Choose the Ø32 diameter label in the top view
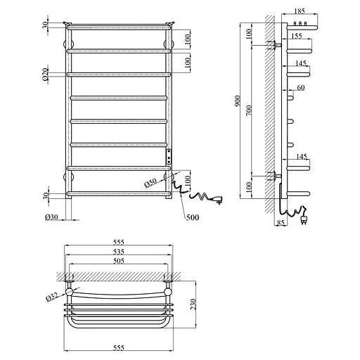[x=51, y=297]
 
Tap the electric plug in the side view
[x=304, y=218]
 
